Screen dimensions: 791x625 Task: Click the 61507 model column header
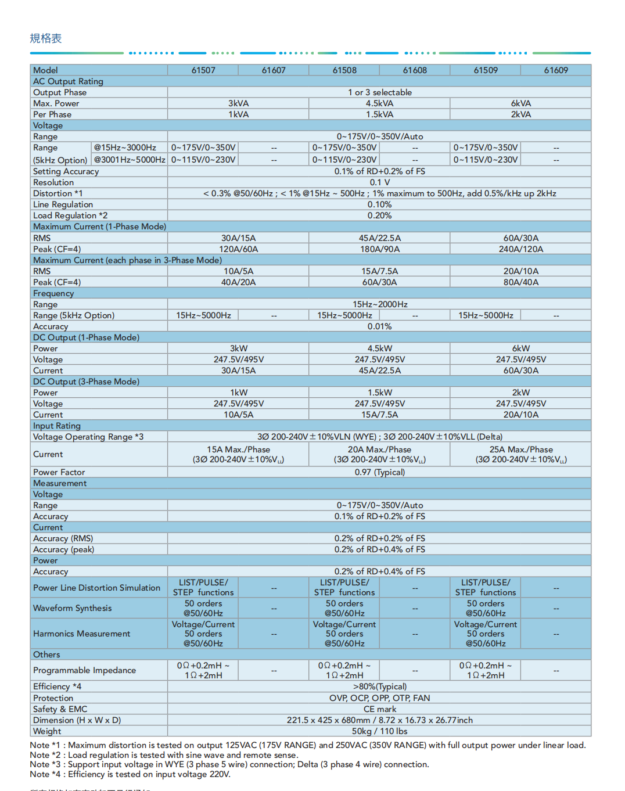203,70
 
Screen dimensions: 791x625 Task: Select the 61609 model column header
556,70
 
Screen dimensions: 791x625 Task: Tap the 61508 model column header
344,70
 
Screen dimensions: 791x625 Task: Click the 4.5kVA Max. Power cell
379,103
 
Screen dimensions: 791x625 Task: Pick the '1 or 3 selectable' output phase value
379,92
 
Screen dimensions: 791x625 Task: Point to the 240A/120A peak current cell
520,249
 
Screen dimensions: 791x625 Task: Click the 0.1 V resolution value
379,182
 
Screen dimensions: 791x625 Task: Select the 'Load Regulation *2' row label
70,215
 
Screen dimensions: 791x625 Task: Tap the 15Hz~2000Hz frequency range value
379,304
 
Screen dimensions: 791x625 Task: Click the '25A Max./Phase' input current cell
520,450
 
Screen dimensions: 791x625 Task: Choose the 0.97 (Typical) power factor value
379,472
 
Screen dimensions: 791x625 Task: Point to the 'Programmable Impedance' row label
84,670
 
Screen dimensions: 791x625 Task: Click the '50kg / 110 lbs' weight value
379,731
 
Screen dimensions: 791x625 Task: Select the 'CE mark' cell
379,709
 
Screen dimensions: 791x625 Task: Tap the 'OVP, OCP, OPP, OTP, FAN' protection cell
379,698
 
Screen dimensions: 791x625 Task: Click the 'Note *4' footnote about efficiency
130,774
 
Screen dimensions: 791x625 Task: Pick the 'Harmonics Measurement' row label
81,634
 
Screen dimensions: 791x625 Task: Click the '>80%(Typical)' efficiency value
379,686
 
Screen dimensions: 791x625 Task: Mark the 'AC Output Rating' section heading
68,81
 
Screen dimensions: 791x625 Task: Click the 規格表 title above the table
45,38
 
